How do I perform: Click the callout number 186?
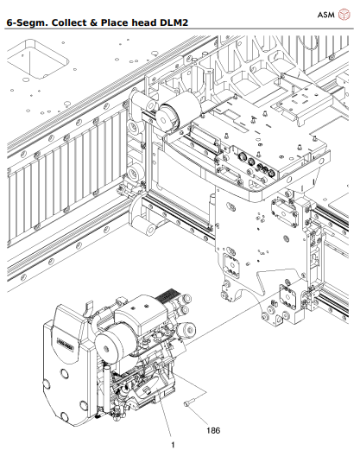[212, 428]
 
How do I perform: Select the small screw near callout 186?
[186, 402]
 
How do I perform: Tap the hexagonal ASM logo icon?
[345, 15]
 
